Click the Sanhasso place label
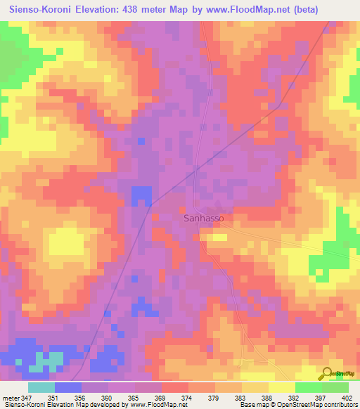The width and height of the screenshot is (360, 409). (204, 218)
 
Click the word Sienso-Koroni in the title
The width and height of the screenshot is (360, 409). (44, 10)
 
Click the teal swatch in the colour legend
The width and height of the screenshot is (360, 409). (41, 387)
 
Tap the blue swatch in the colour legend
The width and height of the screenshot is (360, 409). (68, 387)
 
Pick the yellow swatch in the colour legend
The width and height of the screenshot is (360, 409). (282, 387)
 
